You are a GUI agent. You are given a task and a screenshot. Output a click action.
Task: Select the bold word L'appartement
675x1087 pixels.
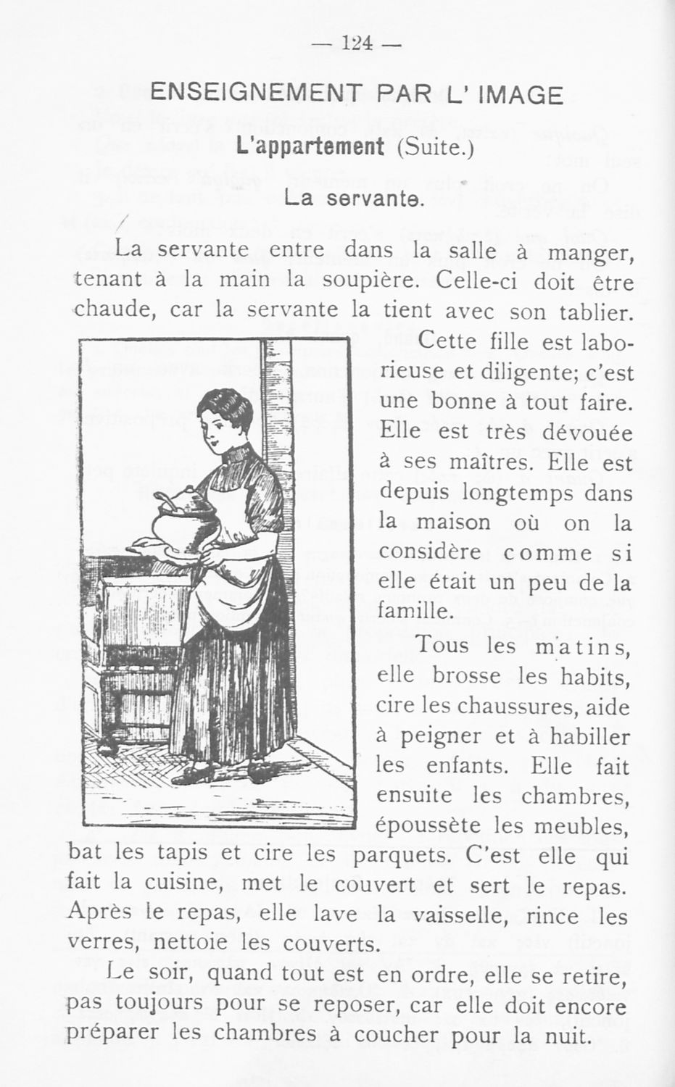coord(310,146)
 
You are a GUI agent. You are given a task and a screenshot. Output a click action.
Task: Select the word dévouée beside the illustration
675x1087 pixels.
coord(583,433)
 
